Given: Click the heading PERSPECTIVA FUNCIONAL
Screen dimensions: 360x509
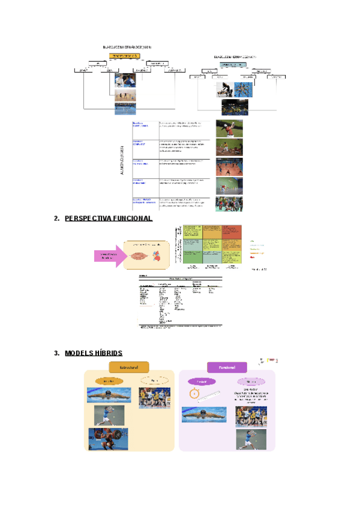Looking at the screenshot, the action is coord(108,219).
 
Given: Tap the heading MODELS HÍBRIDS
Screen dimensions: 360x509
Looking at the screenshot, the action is coord(94,353).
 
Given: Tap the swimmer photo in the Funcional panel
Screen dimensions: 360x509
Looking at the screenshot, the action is coord(205,415).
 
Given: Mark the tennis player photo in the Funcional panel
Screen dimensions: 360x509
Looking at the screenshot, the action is coord(251,438).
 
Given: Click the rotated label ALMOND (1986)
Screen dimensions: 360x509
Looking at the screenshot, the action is coord(122,160).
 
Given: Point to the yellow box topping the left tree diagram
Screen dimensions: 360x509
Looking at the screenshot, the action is coord(124,56).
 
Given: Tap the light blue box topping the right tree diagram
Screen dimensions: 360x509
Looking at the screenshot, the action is coord(233,64).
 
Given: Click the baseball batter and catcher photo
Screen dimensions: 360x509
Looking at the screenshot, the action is coord(230,130).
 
